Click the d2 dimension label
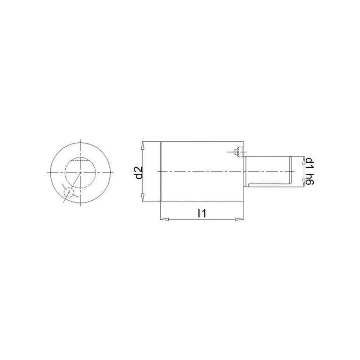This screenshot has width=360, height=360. point(139,172)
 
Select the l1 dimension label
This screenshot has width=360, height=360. point(202,213)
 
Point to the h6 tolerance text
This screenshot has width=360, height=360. point(310,179)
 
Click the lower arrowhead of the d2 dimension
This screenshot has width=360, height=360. point(143,198)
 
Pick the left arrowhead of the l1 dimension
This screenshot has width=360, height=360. point(164,219)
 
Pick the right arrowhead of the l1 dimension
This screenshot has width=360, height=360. point(239,219)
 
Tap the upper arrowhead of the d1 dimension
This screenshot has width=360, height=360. point(304,160)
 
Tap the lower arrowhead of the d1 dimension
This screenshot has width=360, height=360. point(304,183)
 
